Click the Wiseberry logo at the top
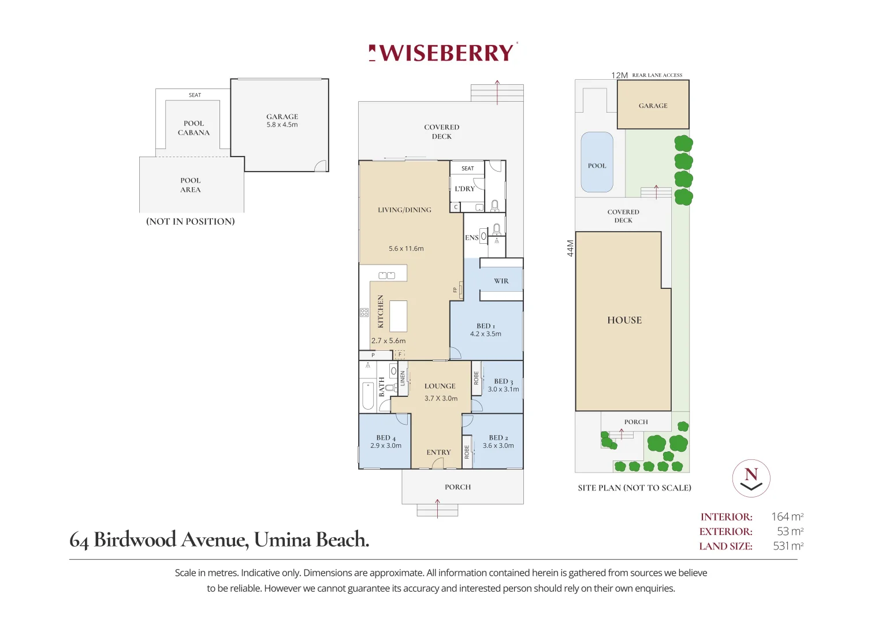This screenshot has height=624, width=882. coord(442,53)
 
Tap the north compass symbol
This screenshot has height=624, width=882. coord(751,478)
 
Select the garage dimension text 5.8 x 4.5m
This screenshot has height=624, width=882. coord(282,124)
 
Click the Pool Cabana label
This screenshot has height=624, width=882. coord(193,128)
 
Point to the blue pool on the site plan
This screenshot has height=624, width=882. coord(597,162)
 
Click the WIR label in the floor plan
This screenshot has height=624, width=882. coord(501,281)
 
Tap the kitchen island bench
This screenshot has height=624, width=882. coord(398,317)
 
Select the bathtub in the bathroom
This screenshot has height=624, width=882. coord(368,396)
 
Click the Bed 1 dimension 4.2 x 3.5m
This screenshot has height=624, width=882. coord(486,334)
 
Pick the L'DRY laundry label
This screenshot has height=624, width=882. coord(464,189)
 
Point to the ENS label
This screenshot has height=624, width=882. coord(472,237)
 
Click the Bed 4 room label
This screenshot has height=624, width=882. coord(386,438)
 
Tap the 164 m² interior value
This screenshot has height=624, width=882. coord(787,517)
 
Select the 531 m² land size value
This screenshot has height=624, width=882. coord(788,545)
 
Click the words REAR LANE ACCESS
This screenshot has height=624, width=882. coord(657,75)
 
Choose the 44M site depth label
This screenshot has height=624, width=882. coord(570,248)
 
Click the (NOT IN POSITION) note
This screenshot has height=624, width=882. coord(191,221)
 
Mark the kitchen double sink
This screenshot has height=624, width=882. coord(386,276)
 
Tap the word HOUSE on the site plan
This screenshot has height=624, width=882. coord(624,320)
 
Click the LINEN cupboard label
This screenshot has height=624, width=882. coord(403,378)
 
